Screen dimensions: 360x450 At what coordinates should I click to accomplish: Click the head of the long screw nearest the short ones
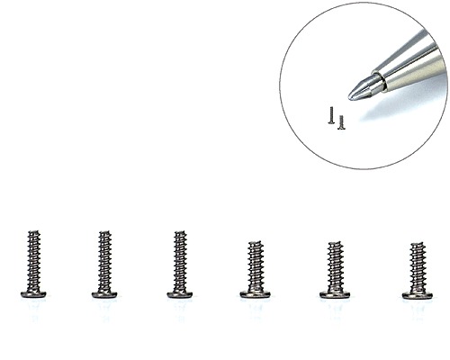[179, 293]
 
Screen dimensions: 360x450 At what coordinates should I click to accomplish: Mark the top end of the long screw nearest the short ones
[180, 232]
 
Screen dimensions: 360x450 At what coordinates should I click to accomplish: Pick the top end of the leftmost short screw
[255, 241]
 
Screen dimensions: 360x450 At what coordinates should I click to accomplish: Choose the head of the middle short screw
[334, 293]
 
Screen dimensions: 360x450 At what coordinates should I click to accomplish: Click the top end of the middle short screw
[335, 241]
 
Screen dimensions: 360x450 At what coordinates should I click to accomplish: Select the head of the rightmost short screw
[417, 293]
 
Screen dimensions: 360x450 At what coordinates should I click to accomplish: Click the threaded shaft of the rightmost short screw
[418, 266]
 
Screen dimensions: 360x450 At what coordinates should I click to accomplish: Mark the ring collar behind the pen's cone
[380, 82]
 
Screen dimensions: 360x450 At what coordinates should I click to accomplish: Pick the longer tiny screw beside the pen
[331, 115]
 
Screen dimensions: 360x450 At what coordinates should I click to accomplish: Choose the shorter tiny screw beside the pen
[341, 122]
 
